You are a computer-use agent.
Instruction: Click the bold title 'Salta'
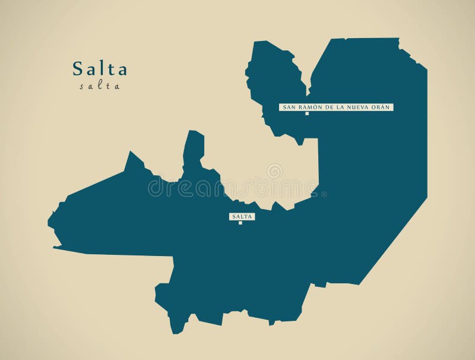pyautogui.click(x=100, y=69)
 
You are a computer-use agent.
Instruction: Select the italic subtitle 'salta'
pyautogui.click(x=100, y=86)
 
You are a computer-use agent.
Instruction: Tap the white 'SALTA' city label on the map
pyautogui.click(x=241, y=217)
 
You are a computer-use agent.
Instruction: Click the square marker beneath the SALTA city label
pyautogui.click(x=240, y=223)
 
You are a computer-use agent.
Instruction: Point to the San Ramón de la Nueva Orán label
pyautogui.click(x=336, y=107)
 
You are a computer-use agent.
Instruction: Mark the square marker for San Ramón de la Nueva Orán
pyautogui.click(x=307, y=113)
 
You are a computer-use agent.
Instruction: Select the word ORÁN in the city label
pyautogui.click(x=381, y=107)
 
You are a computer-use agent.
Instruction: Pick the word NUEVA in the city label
pyautogui.click(x=360, y=107)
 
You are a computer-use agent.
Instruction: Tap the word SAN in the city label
pyautogui.click(x=288, y=107)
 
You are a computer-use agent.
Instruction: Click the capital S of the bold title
pyautogui.click(x=78, y=69)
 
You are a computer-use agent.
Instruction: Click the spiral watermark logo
pyautogui.click(x=274, y=172)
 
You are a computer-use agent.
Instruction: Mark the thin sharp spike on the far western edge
pyautogui.click(x=56, y=246)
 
